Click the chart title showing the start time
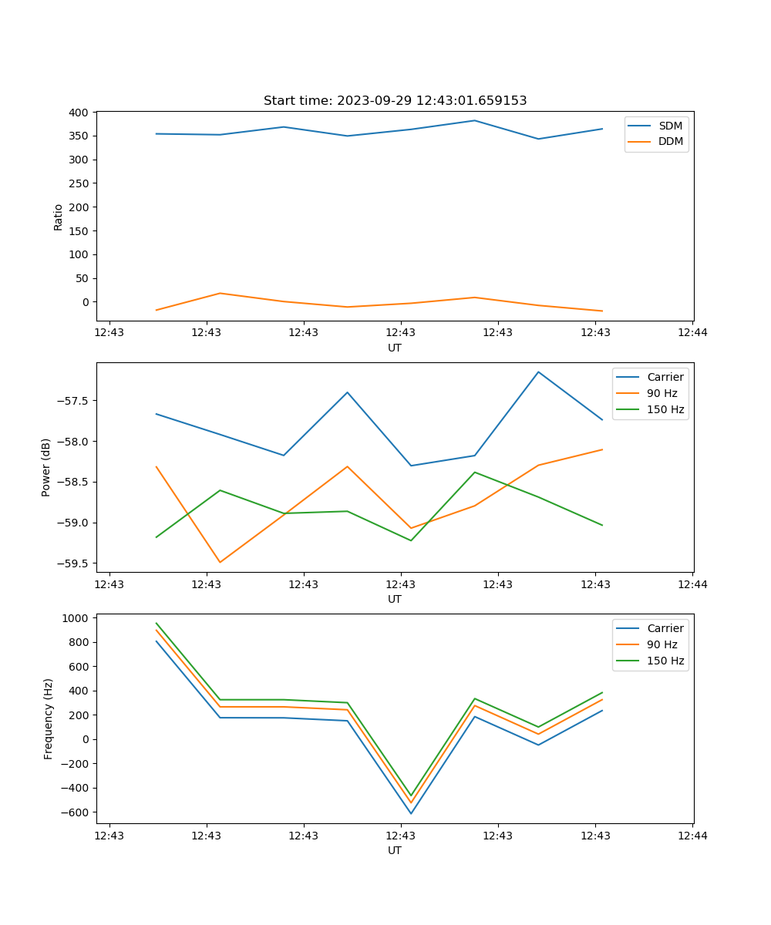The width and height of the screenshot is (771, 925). tap(395, 101)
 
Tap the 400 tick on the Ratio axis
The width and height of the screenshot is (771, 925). tap(79, 113)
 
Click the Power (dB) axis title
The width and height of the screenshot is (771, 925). tap(46, 467)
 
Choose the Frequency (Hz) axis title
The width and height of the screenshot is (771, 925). tap(49, 718)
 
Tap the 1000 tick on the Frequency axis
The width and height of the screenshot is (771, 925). tap(76, 618)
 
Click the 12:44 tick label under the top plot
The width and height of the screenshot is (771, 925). tap(692, 333)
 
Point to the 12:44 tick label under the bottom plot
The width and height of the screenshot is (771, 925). tap(692, 836)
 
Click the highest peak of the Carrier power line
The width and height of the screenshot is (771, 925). tap(538, 372)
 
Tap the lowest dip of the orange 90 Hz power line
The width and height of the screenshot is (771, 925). tap(220, 562)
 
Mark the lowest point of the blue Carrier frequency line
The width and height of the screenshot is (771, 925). tap(411, 813)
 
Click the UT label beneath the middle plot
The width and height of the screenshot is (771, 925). tap(395, 599)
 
